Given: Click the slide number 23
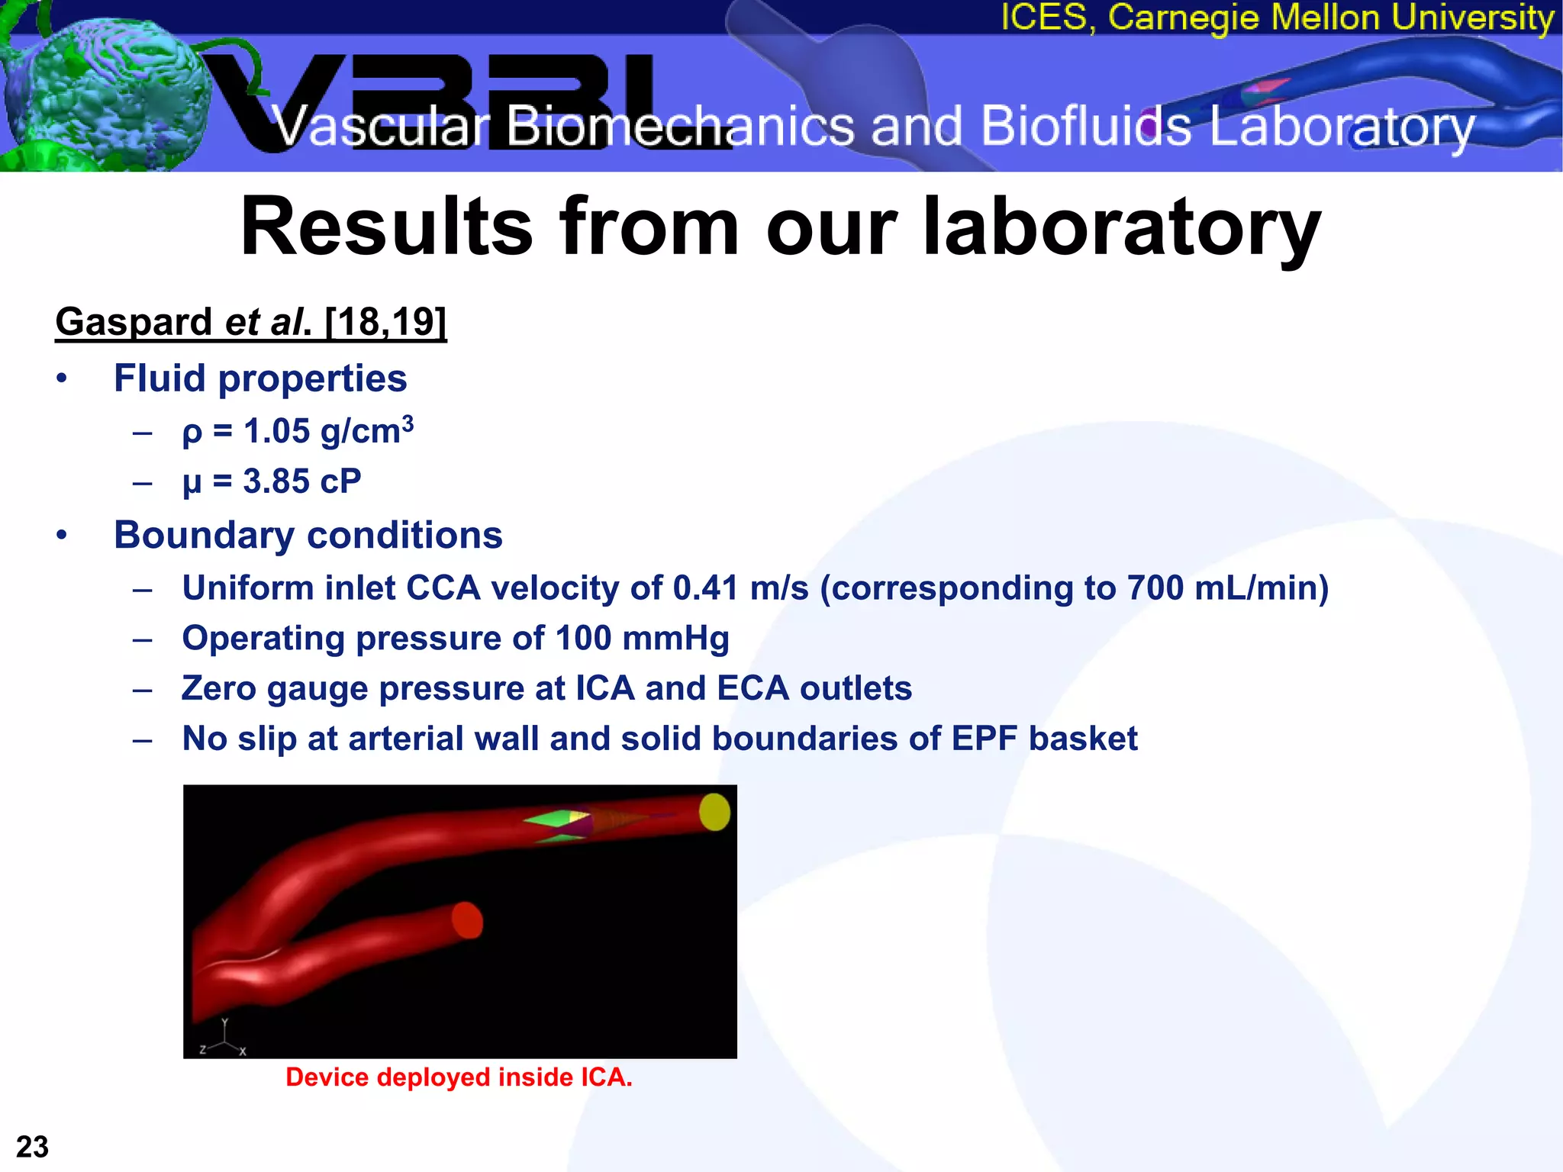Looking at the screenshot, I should [x=32, y=1147].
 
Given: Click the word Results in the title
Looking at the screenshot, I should [x=386, y=227].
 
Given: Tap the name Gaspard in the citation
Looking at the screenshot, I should [x=133, y=321].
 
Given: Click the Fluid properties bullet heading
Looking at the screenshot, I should [x=260, y=378].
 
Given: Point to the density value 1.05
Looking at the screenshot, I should [x=277, y=432].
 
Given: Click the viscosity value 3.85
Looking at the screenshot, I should [x=276, y=482].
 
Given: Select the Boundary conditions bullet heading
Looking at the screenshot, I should [x=308, y=535].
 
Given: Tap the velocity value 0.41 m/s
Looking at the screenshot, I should [x=740, y=588].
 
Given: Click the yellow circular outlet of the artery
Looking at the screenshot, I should [x=714, y=812].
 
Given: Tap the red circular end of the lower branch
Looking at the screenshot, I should [x=467, y=920].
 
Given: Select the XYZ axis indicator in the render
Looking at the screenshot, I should [x=224, y=1039].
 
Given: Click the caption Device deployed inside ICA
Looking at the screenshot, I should [x=459, y=1077].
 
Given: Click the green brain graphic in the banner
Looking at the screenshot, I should [x=99, y=88].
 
